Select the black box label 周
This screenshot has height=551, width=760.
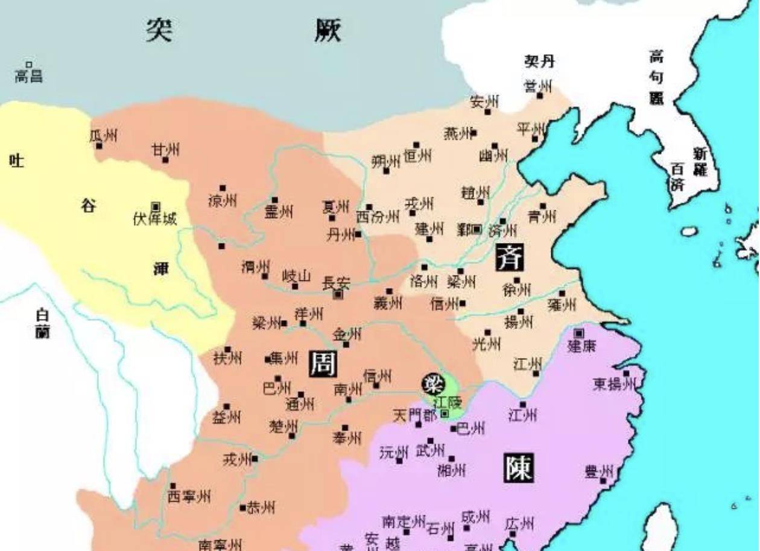(323, 364)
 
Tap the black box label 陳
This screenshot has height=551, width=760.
(519, 468)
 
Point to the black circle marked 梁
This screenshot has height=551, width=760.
(432, 383)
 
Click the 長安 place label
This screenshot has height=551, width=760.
(337, 282)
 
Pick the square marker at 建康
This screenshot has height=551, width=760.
(579, 333)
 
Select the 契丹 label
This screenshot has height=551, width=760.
(539, 61)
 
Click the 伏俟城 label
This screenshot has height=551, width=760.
(155, 219)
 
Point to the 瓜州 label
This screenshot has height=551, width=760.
(104, 136)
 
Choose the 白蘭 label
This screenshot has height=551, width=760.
(42, 323)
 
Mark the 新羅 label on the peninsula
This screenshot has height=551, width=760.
(700, 162)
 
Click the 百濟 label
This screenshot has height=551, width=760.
(677, 177)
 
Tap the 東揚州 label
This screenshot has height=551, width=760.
(614, 384)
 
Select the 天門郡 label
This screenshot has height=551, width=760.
(414, 415)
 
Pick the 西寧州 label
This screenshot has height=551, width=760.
(189, 496)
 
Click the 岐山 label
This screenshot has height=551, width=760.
(297, 276)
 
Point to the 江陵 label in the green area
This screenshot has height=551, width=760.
(447, 401)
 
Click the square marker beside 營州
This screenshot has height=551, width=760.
(540, 95)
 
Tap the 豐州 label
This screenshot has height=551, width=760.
(598, 471)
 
